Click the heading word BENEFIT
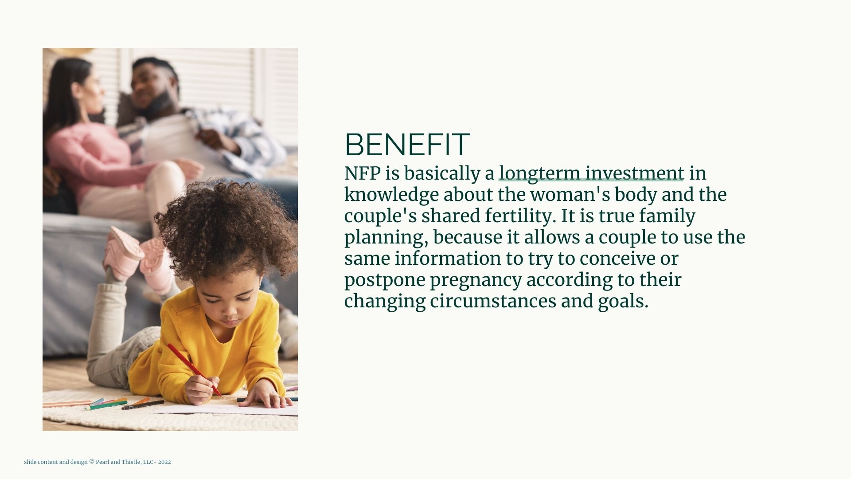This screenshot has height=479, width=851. pos(407,145)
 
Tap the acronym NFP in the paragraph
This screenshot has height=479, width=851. pos(363,173)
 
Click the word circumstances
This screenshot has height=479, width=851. pos(493,302)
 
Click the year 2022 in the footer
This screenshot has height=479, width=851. pos(164,462)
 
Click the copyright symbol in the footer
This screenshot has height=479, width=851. pos(92,462)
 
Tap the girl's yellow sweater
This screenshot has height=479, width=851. pos(208,342)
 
